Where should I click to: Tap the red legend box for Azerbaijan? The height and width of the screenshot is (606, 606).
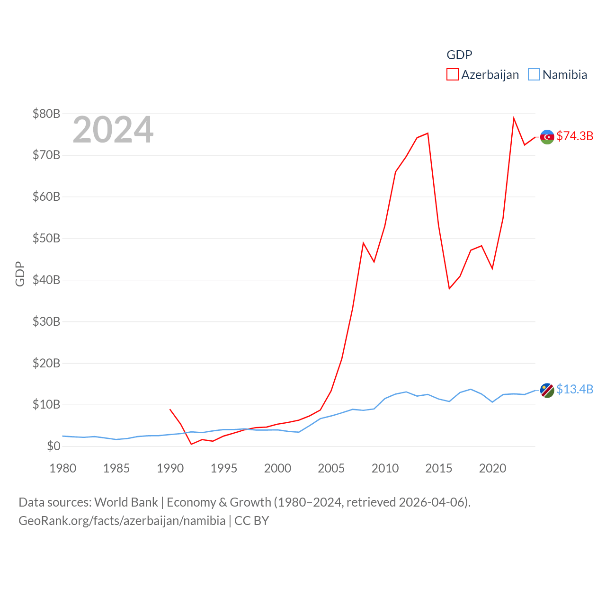(x=453, y=75)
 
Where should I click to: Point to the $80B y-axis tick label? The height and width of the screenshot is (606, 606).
(x=46, y=114)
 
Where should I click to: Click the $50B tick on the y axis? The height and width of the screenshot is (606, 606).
(x=46, y=238)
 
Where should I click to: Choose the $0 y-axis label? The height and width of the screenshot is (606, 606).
(x=53, y=446)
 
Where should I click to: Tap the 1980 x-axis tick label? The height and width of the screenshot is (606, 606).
(x=63, y=468)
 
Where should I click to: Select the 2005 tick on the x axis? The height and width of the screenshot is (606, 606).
(x=331, y=468)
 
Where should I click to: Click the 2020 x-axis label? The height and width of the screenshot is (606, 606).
(x=492, y=468)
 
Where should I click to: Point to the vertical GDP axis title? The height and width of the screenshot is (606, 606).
(x=20, y=274)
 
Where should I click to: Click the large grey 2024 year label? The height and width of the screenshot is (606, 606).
(x=113, y=130)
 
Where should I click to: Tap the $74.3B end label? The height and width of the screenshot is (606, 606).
(x=575, y=136)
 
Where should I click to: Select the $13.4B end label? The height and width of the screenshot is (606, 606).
(x=575, y=389)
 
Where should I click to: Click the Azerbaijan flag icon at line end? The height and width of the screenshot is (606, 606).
(x=547, y=137)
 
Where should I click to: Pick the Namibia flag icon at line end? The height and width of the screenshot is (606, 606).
(x=547, y=391)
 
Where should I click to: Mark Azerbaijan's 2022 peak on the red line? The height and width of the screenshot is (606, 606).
(x=514, y=118)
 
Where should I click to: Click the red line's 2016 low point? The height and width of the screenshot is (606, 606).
(x=449, y=289)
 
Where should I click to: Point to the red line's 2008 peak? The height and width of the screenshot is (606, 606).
(x=363, y=243)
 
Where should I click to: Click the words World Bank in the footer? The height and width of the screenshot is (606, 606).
(x=126, y=502)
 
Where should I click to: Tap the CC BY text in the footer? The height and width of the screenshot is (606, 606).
(x=252, y=521)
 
